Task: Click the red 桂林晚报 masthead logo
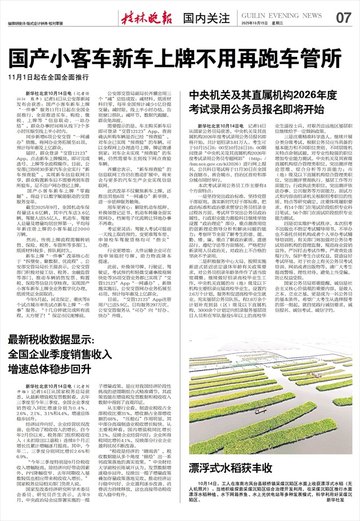pos(146,17)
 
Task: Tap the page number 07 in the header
pos(343,17)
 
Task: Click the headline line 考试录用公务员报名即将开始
pos(256,108)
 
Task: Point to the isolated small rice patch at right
pos(343,401)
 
